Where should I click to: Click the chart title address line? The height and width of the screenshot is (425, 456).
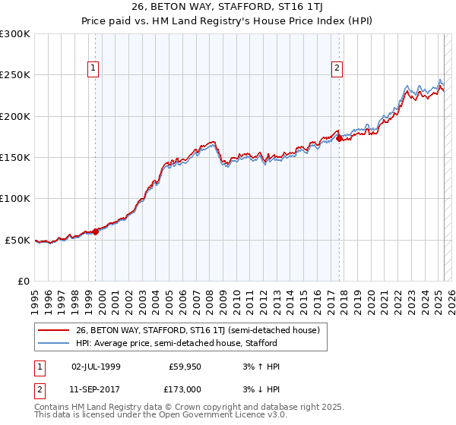coord(228,9)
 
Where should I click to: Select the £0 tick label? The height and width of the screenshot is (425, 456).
coord(23,281)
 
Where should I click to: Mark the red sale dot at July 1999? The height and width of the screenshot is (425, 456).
coord(95,231)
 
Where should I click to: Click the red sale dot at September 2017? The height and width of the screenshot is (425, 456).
coord(339,139)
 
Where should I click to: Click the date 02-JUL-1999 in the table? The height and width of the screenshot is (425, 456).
coord(96,367)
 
